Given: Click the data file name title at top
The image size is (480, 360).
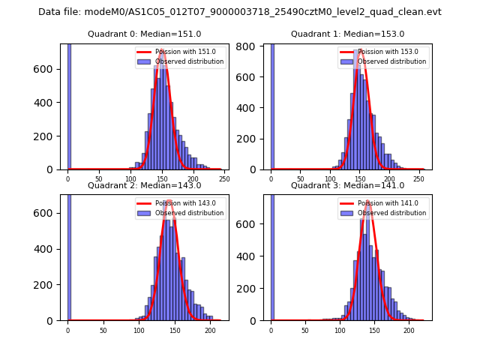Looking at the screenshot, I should [240, 12].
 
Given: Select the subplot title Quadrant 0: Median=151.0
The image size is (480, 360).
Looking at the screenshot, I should [145, 34].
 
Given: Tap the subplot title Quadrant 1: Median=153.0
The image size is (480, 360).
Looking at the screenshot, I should [347, 34].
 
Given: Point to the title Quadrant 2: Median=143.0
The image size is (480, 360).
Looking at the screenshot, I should [145, 186].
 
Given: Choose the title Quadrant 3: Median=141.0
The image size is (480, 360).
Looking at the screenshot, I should [347, 186].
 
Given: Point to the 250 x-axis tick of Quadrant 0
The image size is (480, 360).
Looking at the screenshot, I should [224, 180].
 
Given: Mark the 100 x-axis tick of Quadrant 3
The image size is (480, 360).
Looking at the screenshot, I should [340, 330].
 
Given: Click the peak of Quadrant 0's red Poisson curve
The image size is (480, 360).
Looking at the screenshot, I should [162, 50].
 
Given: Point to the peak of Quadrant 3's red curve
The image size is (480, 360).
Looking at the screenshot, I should [367, 202].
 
